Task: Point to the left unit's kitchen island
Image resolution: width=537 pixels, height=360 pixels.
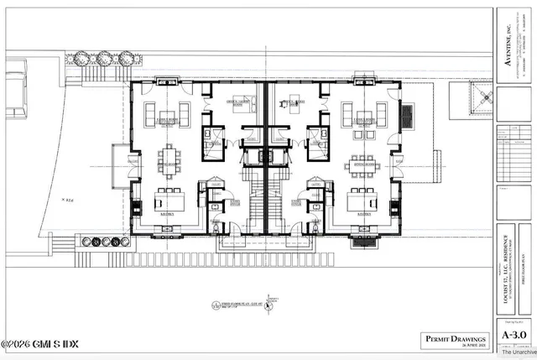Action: [169, 201]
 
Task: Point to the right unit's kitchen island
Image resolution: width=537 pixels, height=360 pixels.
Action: [363, 201]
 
